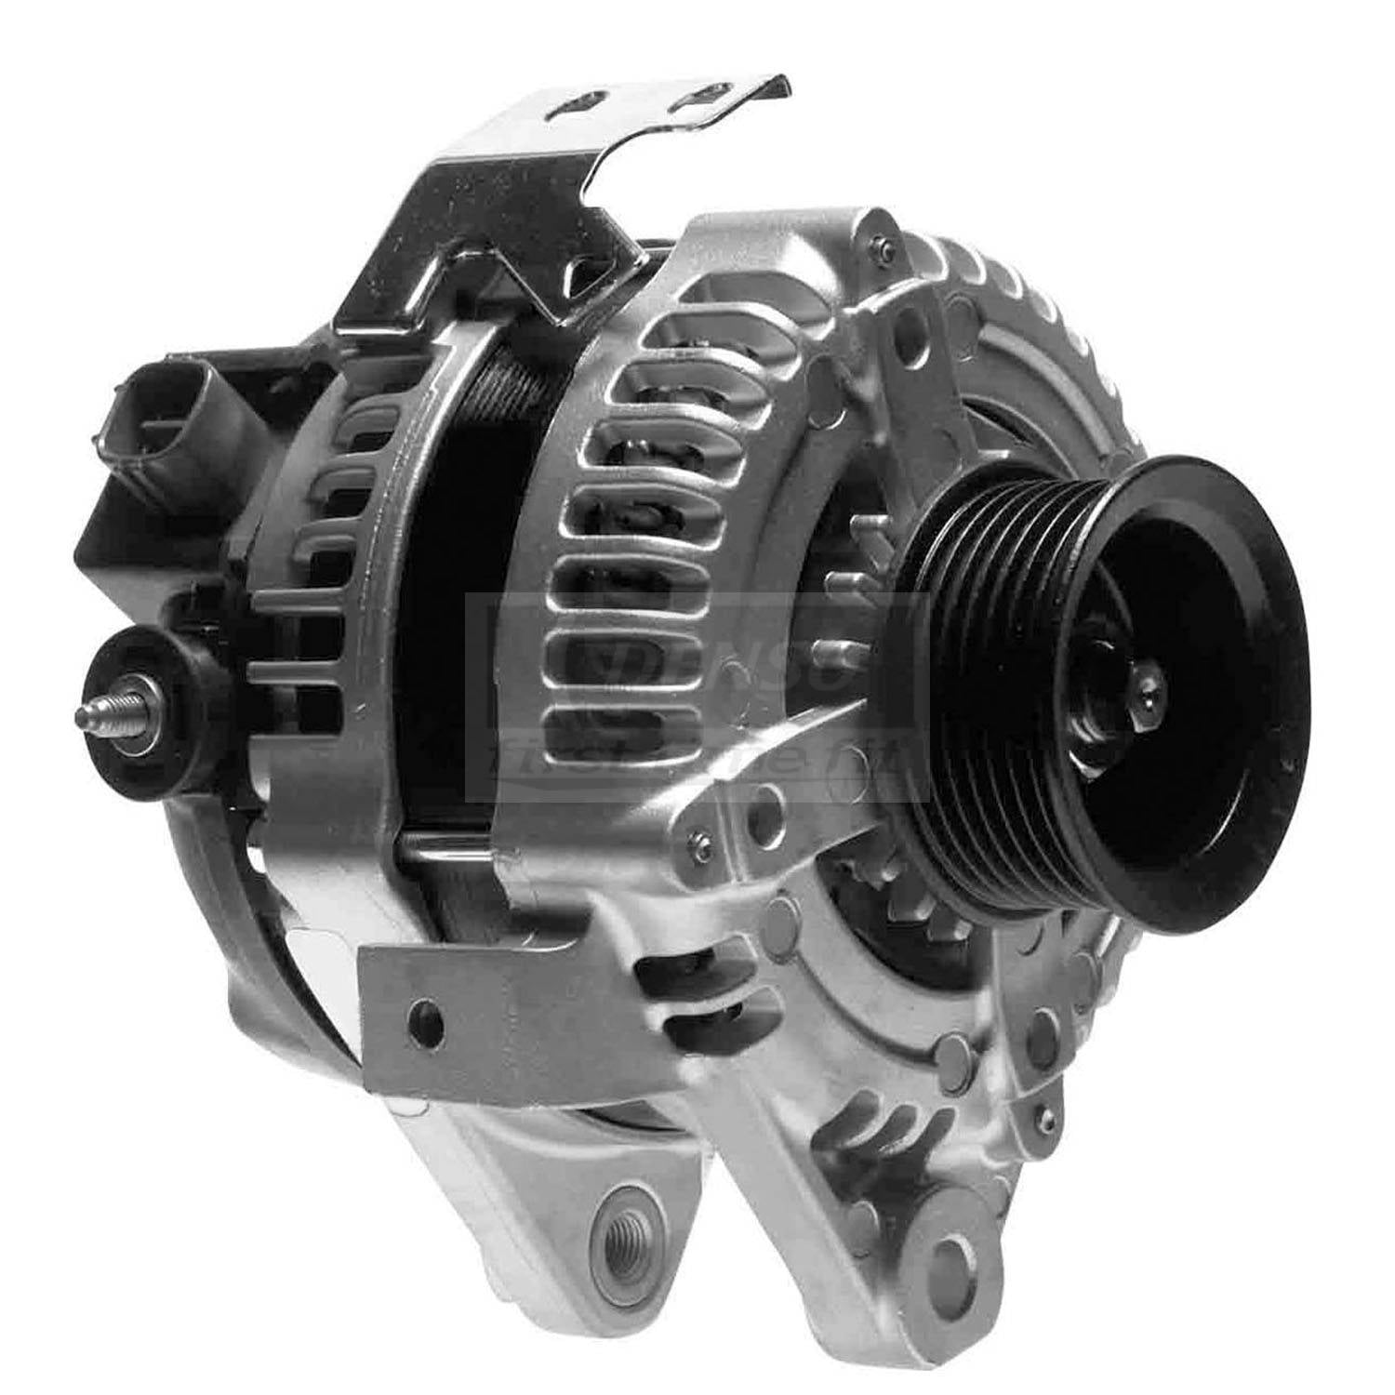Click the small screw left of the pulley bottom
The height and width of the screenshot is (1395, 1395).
(701, 847)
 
